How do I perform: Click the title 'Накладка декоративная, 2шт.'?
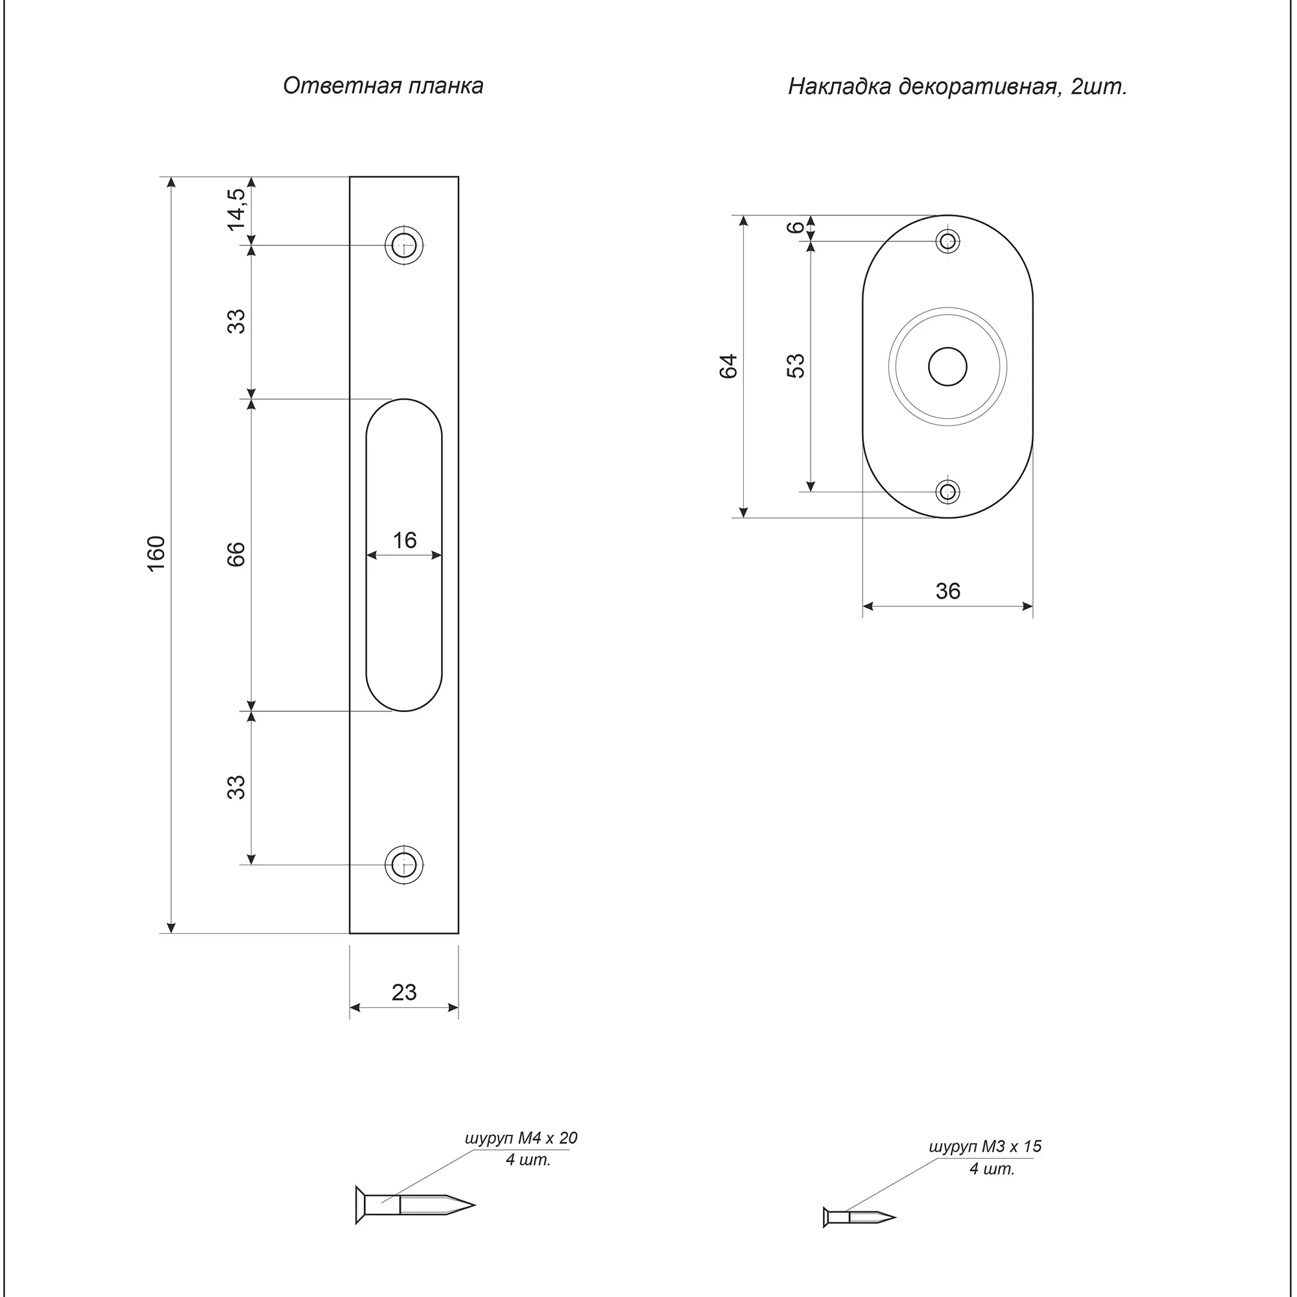(957, 88)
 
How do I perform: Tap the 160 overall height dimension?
(156, 554)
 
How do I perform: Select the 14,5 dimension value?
(236, 209)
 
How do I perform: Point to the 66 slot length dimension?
(236, 554)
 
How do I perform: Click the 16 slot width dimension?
(404, 540)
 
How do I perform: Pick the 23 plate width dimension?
(404, 992)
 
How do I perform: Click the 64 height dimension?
(728, 366)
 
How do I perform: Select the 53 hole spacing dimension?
(796, 366)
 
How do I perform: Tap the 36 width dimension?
(948, 591)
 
